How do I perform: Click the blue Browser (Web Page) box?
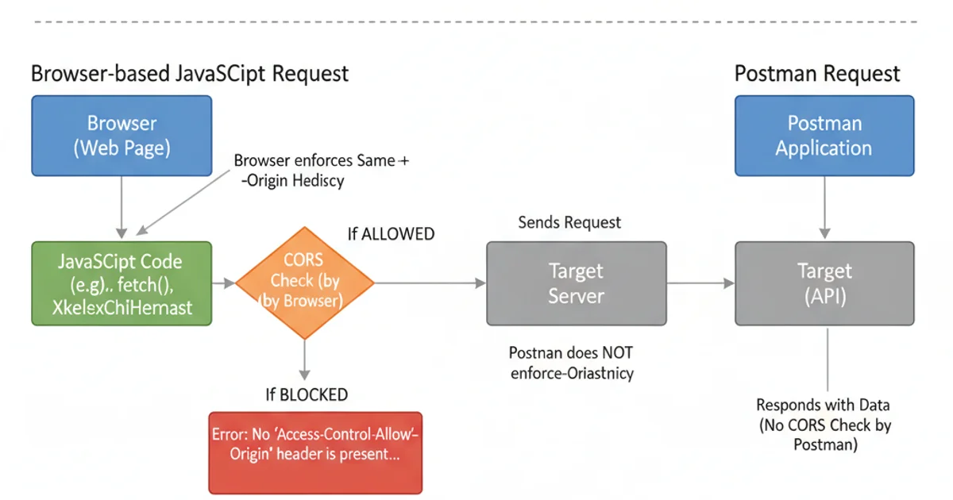(x=122, y=135)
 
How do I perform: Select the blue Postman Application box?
(x=824, y=135)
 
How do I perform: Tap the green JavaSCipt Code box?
(x=122, y=283)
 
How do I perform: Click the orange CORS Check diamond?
(x=304, y=282)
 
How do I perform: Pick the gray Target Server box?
(x=577, y=283)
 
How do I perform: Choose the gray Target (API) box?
(x=824, y=283)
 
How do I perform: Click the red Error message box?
(x=315, y=452)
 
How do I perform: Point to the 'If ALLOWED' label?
(x=391, y=234)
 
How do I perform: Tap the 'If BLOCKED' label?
(x=307, y=394)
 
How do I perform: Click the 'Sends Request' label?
(x=569, y=223)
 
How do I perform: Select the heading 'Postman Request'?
(x=817, y=74)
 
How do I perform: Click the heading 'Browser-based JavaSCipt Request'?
(x=190, y=74)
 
